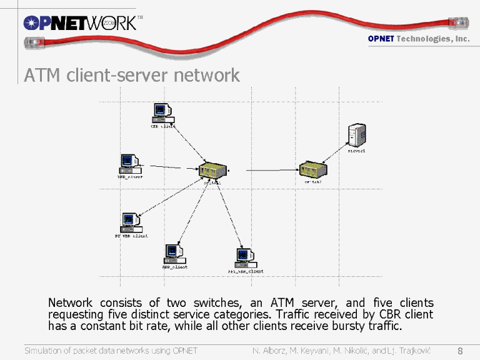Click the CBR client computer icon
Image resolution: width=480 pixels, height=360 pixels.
[x=163, y=113]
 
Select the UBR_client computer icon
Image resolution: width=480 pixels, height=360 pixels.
[x=129, y=164]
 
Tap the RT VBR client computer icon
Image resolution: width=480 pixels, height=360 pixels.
[x=131, y=222]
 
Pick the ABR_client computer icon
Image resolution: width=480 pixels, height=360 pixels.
[x=174, y=253]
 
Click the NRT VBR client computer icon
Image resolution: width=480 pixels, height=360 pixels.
[x=245, y=257]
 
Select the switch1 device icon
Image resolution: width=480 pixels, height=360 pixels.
[x=213, y=169]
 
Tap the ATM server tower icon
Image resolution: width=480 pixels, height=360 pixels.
[x=357, y=134]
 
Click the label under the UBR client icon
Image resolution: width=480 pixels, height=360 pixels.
[x=130, y=177]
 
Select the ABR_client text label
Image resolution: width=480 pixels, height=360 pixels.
[x=175, y=267]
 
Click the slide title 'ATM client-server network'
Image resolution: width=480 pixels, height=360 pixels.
[x=132, y=76]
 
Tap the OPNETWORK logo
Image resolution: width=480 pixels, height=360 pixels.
[x=79, y=23]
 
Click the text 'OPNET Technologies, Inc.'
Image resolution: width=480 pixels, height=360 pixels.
[x=418, y=39]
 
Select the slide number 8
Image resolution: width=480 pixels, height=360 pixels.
[x=460, y=350]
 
